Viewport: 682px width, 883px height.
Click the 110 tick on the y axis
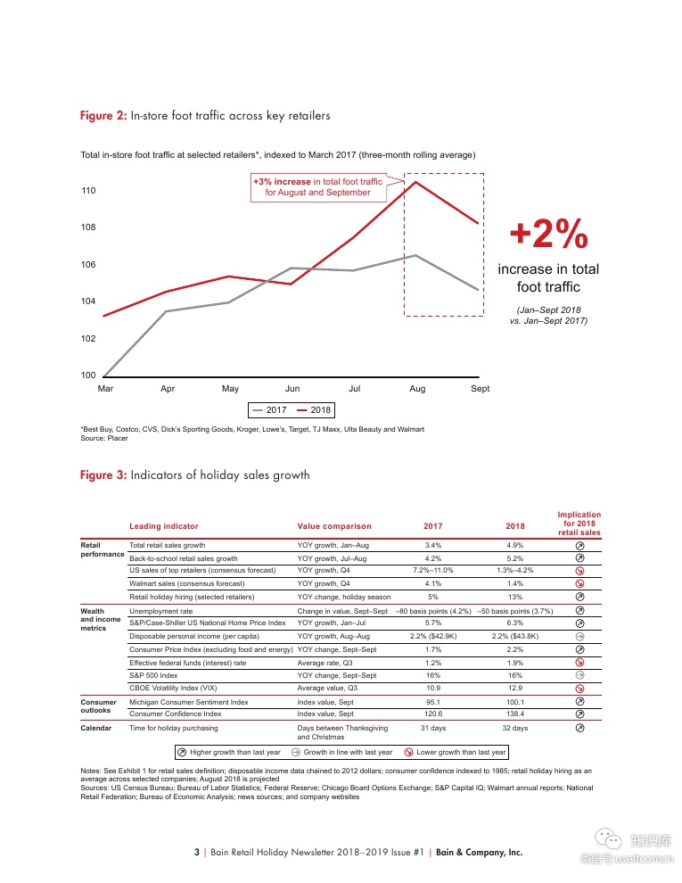pos(89,191)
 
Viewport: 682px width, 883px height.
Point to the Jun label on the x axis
pos(292,389)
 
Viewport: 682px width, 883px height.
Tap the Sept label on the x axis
pos(480,389)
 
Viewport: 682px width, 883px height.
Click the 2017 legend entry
pos(268,410)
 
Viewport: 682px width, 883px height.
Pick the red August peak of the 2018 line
pos(416,182)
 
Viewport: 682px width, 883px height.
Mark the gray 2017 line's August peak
pos(416,255)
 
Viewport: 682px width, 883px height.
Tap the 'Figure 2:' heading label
pos(103,116)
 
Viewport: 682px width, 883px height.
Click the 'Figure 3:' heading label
pos(103,475)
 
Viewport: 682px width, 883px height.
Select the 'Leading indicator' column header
pos(164,526)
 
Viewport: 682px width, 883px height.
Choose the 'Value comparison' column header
pos(334,526)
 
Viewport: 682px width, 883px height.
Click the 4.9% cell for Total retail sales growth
pos(514,545)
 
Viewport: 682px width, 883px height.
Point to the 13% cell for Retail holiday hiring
pos(514,597)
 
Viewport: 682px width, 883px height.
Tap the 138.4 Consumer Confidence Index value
pos(514,714)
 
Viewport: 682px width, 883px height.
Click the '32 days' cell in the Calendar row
pos(514,729)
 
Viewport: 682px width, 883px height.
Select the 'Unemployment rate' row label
pos(160,611)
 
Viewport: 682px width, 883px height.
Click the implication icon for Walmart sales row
pos(579,584)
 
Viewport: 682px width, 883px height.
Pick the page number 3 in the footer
pos(196,852)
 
